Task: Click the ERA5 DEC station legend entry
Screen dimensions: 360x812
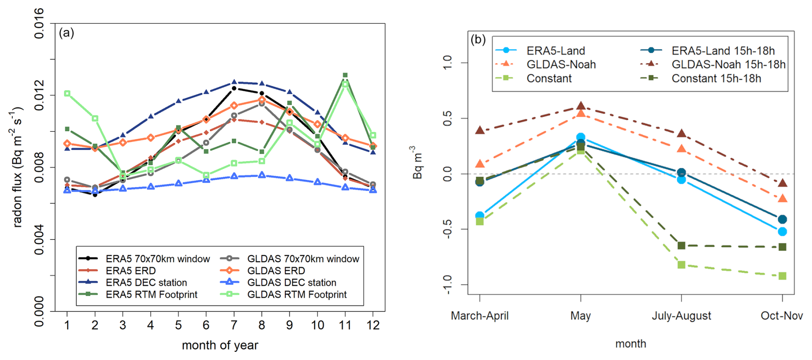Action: pyautogui.click(x=146, y=282)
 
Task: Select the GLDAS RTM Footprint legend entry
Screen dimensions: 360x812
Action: pyautogui.click(x=297, y=294)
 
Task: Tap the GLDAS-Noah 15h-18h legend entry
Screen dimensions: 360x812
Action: pyautogui.click(x=728, y=64)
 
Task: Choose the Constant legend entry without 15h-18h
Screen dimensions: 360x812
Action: pyautogui.click(x=549, y=79)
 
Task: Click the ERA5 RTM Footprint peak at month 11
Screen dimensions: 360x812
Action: pyautogui.click(x=345, y=75)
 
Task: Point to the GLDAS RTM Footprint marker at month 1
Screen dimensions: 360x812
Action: pyautogui.click(x=67, y=93)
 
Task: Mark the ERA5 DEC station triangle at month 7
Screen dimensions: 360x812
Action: pyautogui.click(x=234, y=82)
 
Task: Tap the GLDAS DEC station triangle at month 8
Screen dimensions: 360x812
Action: pyautogui.click(x=262, y=175)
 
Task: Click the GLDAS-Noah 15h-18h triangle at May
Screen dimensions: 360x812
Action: pyautogui.click(x=581, y=106)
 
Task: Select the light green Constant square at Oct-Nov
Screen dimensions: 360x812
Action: pyautogui.click(x=782, y=276)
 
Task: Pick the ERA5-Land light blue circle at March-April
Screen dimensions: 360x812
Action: pyautogui.click(x=480, y=216)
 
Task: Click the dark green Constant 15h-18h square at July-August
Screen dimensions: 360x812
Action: pyautogui.click(x=682, y=245)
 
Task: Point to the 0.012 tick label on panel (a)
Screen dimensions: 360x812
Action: pyautogui.click(x=39, y=95)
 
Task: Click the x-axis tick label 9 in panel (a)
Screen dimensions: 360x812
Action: pyautogui.click(x=290, y=325)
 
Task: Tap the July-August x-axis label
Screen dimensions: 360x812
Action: pyautogui.click(x=681, y=316)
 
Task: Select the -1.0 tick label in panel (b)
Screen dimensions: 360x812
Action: pyautogui.click(x=447, y=284)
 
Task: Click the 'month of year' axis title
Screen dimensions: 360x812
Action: pyautogui.click(x=220, y=345)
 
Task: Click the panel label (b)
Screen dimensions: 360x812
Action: pyautogui.click(x=478, y=39)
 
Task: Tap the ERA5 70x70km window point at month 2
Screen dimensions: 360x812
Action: pyautogui.click(x=95, y=194)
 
